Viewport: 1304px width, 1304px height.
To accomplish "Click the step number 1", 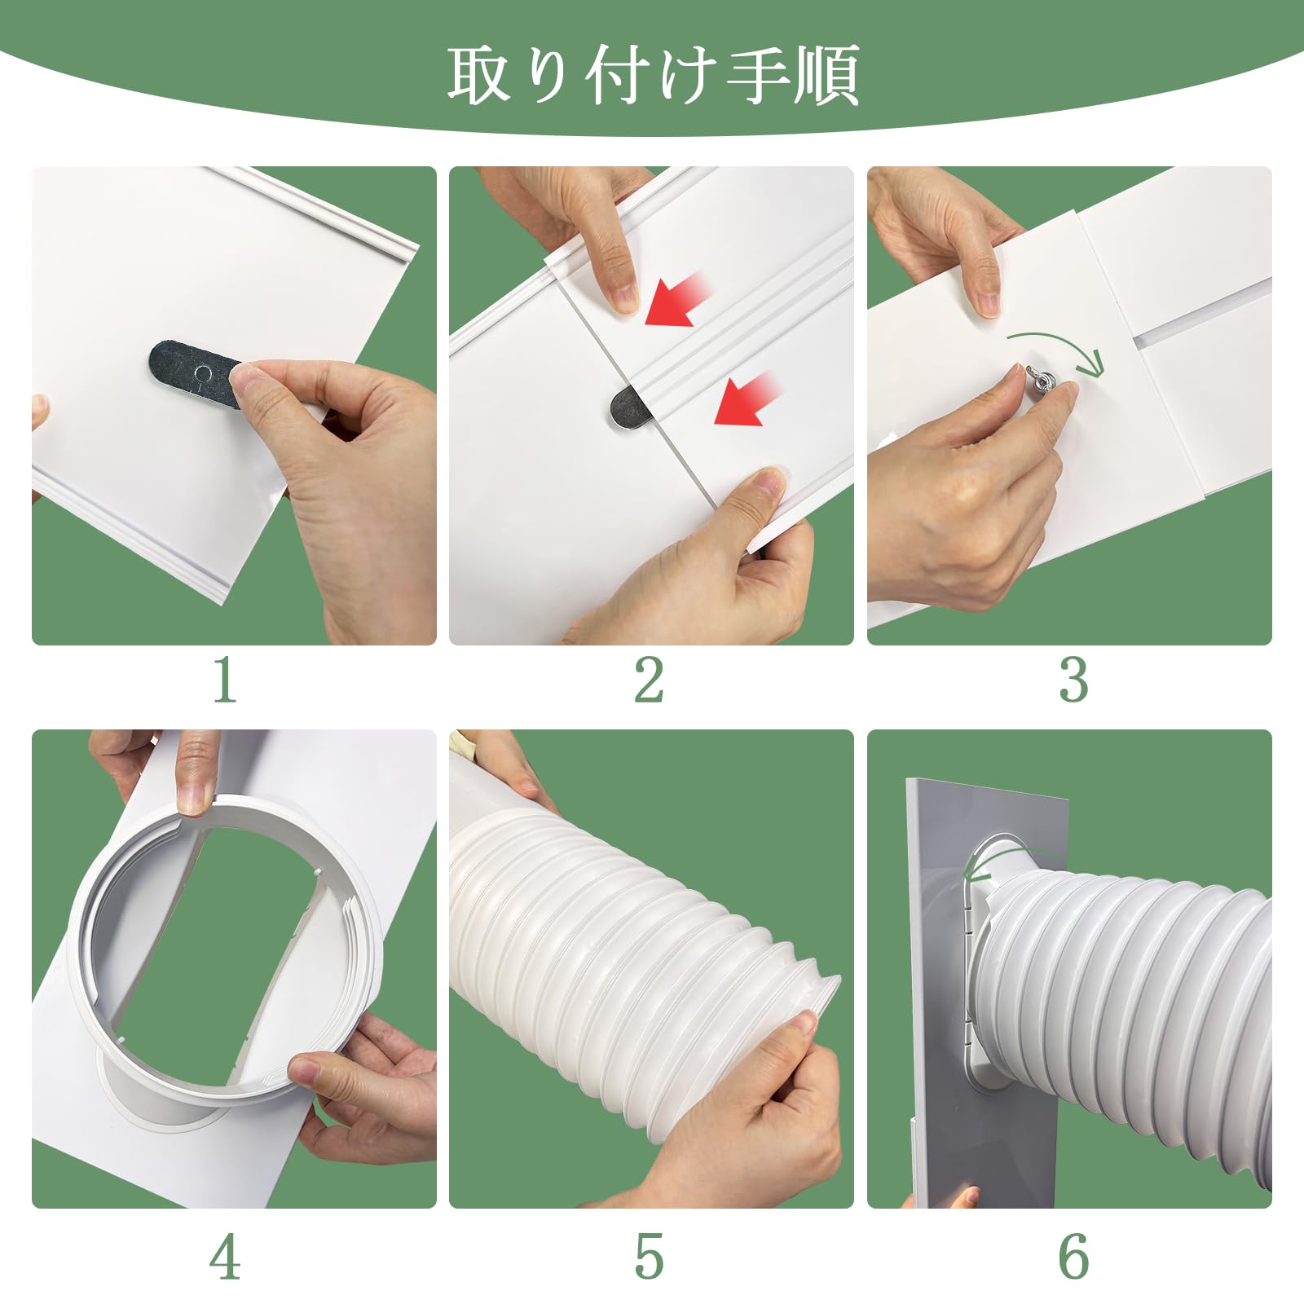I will click(224, 681).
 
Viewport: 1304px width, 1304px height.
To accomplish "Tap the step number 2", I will click(649, 681).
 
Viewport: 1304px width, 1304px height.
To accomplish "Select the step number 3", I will click(1073, 681).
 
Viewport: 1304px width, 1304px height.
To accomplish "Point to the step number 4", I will click(224, 1256).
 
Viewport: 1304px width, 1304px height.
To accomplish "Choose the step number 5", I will click(649, 1256).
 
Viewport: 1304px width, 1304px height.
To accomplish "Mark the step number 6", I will click(1073, 1256).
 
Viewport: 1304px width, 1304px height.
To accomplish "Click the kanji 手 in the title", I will click(757, 75).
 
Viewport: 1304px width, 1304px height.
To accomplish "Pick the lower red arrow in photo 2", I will click(746, 399).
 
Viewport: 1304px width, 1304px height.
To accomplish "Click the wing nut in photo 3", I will click(1042, 382).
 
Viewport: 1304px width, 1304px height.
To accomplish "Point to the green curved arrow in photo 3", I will click(1059, 346).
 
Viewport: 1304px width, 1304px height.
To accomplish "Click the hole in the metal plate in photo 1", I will click(202, 372).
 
